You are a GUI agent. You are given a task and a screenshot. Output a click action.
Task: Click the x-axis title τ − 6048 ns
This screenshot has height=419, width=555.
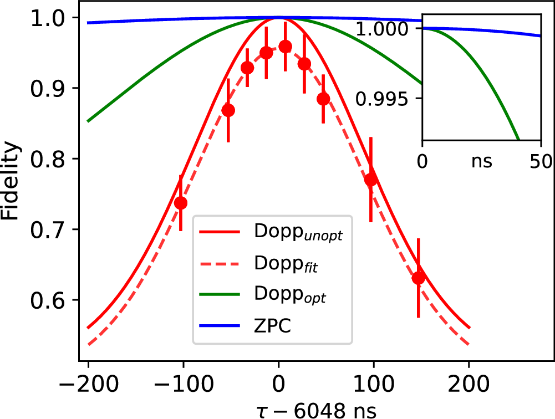pyautogui.click(x=277, y=410)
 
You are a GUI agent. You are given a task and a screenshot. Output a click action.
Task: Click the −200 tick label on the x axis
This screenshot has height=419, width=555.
pyautogui.click(x=88, y=383)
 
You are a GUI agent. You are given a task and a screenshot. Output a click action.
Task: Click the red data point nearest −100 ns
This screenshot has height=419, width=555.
pyautogui.click(x=181, y=203)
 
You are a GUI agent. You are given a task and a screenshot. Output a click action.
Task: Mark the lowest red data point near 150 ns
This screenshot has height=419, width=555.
pyautogui.click(x=419, y=278)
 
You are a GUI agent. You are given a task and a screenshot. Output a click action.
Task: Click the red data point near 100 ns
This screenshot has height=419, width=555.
pyautogui.click(x=371, y=180)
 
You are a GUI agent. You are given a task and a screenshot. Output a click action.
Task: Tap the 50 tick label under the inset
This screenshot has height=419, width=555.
pyautogui.click(x=540, y=161)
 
